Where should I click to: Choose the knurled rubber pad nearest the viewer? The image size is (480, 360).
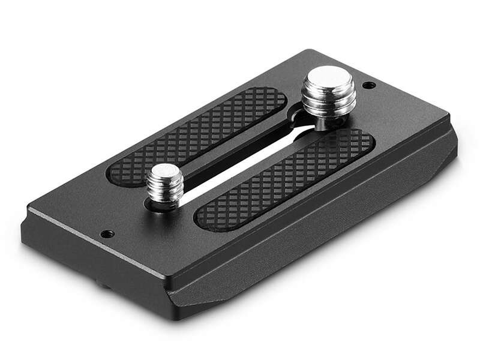(288, 180)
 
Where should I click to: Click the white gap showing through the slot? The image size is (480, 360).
(240, 174)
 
